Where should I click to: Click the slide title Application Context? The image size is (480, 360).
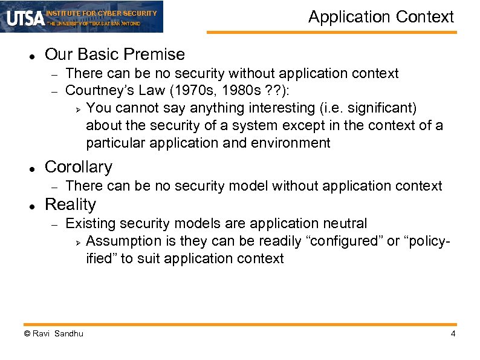click(x=381, y=17)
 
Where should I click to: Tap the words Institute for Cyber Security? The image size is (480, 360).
click(x=101, y=13)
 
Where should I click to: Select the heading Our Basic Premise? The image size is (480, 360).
click(x=115, y=54)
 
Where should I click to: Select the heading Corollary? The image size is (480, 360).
click(x=79, y=167)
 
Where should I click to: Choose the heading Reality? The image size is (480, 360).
click(x=70, y=205)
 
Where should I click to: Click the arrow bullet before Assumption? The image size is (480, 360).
click(x=77, y=242)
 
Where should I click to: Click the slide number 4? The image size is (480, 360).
click(x=452, y=334)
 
